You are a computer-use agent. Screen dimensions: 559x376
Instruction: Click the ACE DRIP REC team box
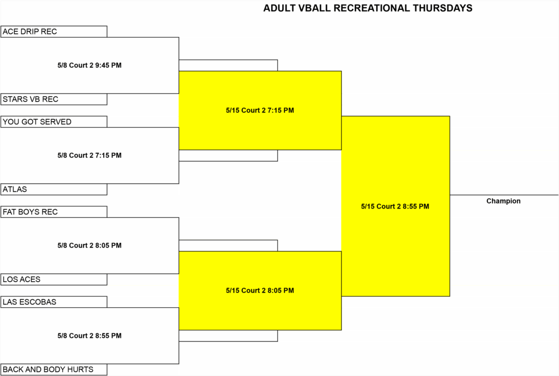(54, 31)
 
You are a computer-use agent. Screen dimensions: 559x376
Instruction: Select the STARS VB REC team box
(54, 99)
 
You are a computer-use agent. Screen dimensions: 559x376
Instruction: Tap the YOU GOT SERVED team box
(54, 122)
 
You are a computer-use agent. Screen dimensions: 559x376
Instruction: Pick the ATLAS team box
(54, 189)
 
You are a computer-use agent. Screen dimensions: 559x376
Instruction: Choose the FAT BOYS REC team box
(54, 212)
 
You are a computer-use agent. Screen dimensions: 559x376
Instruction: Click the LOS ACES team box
(54, 279)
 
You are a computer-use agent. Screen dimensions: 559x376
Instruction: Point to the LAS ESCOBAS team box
(54, 302)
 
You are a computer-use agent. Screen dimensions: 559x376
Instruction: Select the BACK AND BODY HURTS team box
(54, 369)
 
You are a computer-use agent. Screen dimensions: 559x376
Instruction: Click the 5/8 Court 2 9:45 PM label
(90, 65)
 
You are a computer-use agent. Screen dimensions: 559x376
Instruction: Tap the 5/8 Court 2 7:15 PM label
(90, 156)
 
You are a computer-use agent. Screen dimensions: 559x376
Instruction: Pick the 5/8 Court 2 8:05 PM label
(90, 246)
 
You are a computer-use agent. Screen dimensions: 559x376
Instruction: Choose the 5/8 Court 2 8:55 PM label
(90, 336)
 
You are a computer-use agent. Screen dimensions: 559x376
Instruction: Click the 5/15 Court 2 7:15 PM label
(260, 110)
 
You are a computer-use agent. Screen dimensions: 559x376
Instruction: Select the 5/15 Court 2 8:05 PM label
(260, 290)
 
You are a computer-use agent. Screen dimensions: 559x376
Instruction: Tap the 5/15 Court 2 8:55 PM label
(395, 206)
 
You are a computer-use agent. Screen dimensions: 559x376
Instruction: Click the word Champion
(503, 201)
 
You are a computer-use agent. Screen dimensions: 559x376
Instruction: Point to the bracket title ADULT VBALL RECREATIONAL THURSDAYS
(368, 8)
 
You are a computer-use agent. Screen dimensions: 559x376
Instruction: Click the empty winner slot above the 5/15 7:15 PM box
(228, 65)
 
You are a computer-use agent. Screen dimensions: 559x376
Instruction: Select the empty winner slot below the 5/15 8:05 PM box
(228, 336)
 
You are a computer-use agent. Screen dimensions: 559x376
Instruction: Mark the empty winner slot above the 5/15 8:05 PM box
(228, 246)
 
